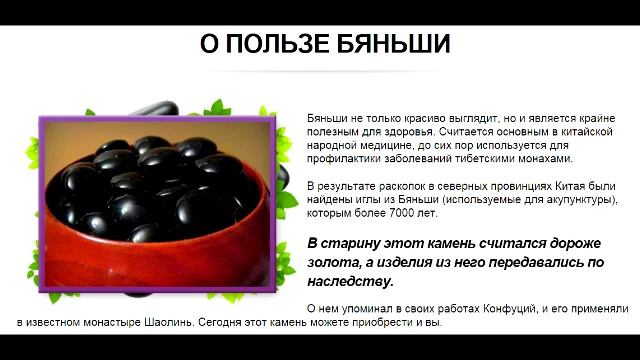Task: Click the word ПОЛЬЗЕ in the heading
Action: pos(278,44)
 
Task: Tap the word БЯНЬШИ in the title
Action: pos(393,44)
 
